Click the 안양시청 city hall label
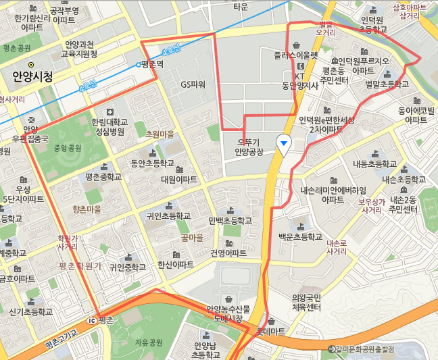[x=32, y=77]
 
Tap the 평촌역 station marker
[x=139, y=65]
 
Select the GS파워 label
[x=193, y=84]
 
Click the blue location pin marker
[x=285, y=142]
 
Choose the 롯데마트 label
[x=270, y=332]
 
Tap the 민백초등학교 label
[x=230, y=221]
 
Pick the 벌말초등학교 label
[x=387, y=84]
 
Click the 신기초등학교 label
[x=31, y=311]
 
